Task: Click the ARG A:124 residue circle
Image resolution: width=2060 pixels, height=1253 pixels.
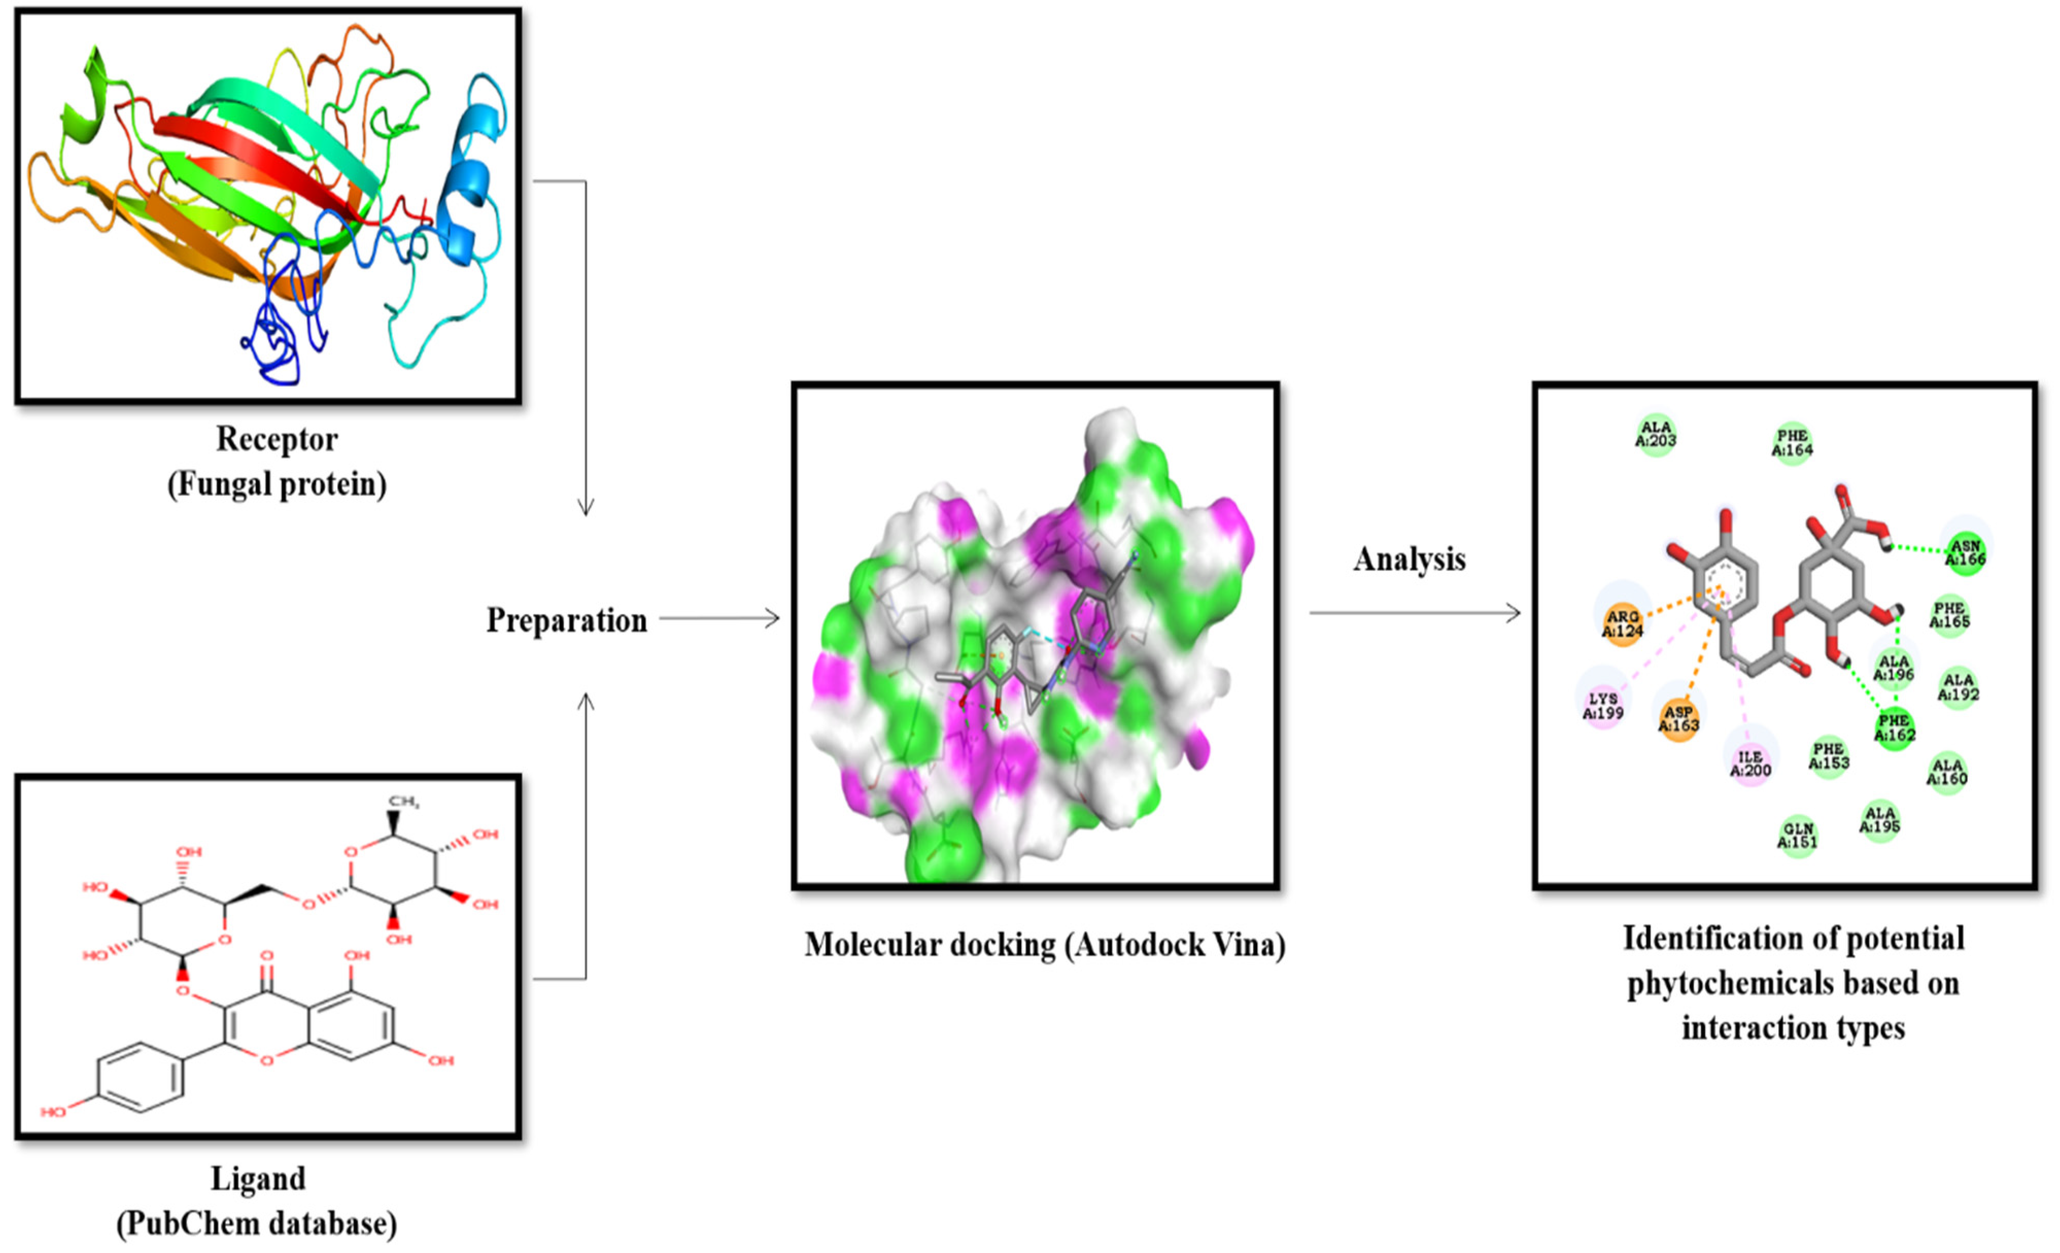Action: pyautogui.click(x=1622, y=624)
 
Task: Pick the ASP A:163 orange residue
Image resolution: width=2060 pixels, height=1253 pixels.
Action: pyautogui.click(x=1679, y=719)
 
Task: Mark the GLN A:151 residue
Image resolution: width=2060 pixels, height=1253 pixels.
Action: pyautogui.click(x=1797, y=835)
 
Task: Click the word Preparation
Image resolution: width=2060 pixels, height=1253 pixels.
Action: pyautogui.click(x=567, y=620)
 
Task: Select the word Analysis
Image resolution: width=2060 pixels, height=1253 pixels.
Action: pyautogui.click(x=1410, y=559)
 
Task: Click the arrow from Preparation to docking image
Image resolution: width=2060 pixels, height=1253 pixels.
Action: pyautogui.click(x=719, y=619)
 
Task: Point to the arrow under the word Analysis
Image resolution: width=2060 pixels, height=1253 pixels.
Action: pyautogui.click(x=1415, y=613)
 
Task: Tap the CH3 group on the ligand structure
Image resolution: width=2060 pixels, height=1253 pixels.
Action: pyautogui.click(x=403, y=802)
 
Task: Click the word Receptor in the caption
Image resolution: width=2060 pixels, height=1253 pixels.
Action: pyautogui.click(x=277, y=439)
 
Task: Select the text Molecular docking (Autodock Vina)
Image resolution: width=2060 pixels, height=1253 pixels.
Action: pyautogui.click(x=1045, y=945)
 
